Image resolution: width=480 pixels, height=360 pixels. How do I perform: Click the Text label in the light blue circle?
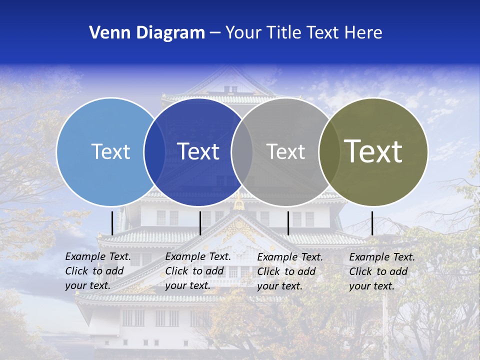click(110, 151)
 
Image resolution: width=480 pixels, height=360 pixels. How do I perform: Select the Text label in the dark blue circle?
click(198, 151)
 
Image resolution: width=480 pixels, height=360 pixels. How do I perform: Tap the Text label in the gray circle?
click(286, 151)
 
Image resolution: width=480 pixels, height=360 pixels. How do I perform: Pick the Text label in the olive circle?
click(373, 151)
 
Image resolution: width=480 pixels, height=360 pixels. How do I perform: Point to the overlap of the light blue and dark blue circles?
click(154, 152)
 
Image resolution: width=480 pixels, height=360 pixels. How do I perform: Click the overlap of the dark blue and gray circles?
click(242, 152)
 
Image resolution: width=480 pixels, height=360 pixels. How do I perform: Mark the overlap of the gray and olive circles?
click(328, 152)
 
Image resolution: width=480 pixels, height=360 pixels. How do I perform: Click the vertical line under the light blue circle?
click(112, 223)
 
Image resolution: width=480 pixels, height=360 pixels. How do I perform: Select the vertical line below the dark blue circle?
click(200, 223)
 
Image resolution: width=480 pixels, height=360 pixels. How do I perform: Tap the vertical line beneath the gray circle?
click(288, 223)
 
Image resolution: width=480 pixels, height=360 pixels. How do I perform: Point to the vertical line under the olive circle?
click(372, 223)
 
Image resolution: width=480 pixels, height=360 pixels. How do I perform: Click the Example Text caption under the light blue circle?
click(97, 271)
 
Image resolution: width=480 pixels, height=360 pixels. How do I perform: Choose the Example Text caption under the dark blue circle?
click(197, 271)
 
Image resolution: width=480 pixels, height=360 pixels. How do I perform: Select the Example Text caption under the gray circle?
click(289, 271)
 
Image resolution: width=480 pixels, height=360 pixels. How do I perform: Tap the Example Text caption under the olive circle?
click(381, 271)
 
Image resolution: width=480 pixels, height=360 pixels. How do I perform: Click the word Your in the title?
click(243, 33)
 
